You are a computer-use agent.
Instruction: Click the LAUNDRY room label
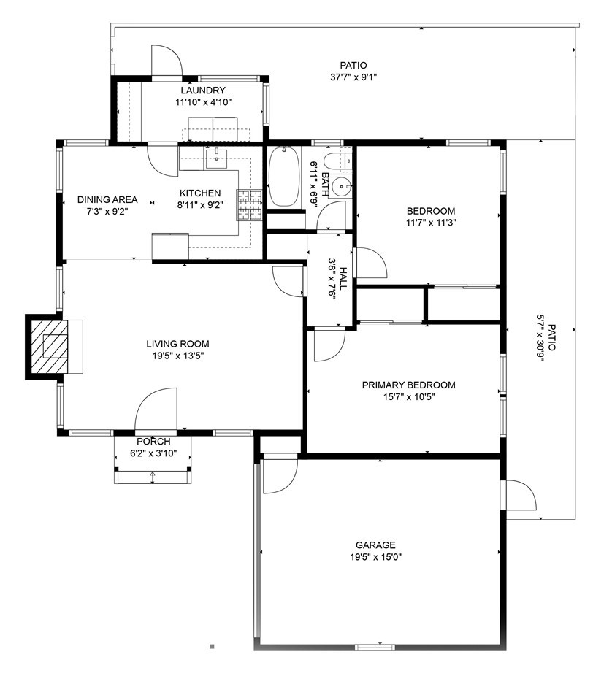(203, 91)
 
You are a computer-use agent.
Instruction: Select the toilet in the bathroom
(339, 161)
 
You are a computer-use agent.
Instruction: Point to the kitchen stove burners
(249, 204)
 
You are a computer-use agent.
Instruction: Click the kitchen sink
(217, 158)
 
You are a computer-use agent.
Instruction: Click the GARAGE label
(375, 545)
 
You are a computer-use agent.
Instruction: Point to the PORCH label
(153, 442)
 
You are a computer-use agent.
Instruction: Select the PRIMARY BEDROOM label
(408, 385)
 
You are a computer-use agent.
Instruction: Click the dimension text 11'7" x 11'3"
(431, 223)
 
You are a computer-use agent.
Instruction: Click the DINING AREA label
(107, 200)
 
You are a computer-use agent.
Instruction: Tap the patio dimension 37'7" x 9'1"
(353, 77)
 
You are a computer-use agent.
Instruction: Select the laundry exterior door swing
(167, 61)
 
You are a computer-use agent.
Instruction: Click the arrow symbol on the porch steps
(153, 477)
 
